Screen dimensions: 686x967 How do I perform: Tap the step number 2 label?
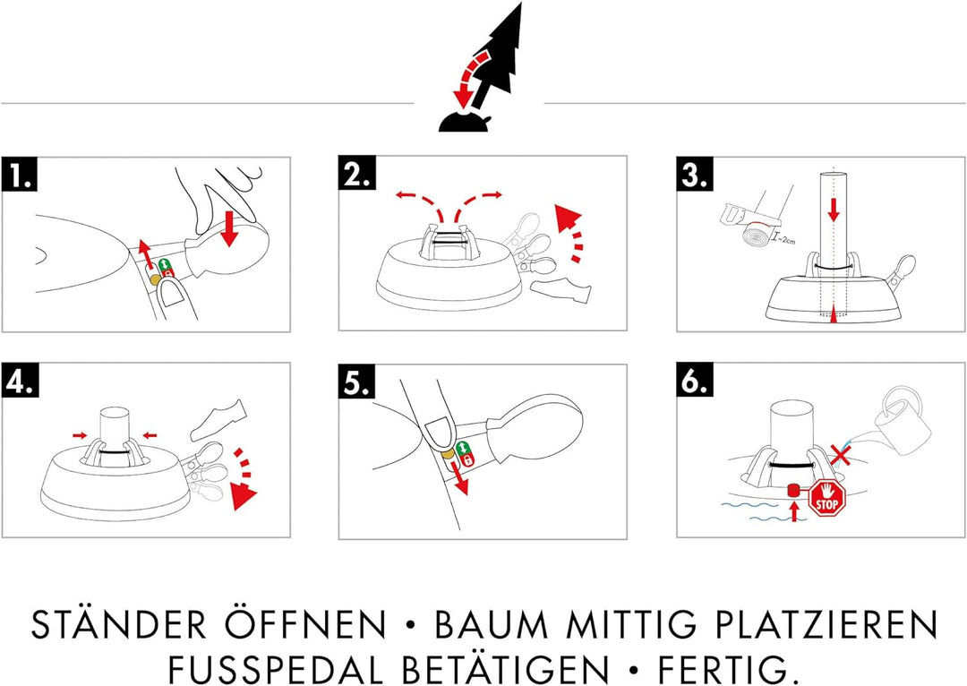point(357,175)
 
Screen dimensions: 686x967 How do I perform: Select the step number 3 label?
point(695,175)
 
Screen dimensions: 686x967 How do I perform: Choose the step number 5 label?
point(357,381)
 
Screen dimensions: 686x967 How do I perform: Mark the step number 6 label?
point(695,381)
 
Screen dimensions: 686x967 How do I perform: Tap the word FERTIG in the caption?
point(733,668)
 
